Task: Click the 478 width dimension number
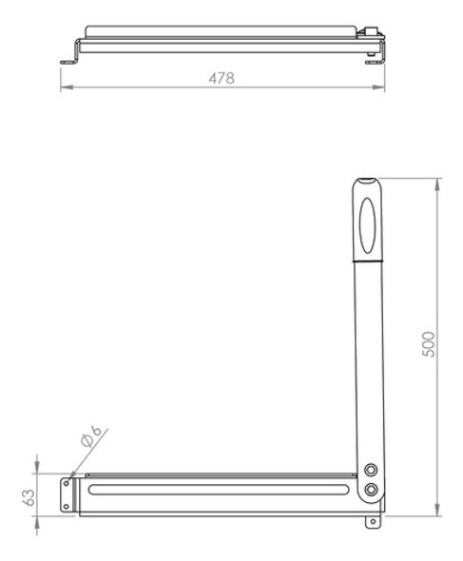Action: [x=222, y=79]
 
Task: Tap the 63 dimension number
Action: [x=28, y=496]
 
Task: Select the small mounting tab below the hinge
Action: [x=371, y=522]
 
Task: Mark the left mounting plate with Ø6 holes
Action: [x=68, y=493]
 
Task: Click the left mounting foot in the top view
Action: [x=69, y=63]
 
